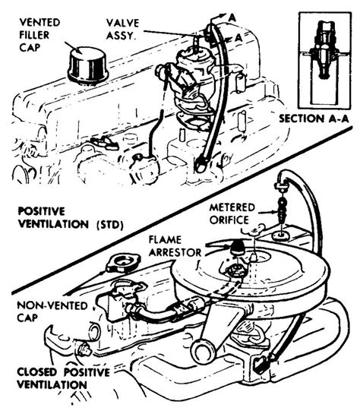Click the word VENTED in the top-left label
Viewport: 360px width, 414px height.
pos(39,22)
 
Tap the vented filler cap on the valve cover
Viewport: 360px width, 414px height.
pos(88,64)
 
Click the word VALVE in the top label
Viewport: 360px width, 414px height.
pos(122,23)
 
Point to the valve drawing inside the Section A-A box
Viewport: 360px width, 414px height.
pos(324,50)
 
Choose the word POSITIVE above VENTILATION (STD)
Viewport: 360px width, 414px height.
pos(42,211)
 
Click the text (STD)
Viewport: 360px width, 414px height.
pos(110,225)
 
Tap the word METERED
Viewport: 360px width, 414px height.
pos(232,207)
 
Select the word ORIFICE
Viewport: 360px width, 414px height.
pos(229,220)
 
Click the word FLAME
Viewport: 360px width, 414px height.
pos(165,240)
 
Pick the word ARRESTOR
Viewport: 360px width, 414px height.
pos(175,253)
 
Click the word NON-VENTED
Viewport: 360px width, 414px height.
pos(52,305)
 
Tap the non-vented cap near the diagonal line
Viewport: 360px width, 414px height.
pos(122,264)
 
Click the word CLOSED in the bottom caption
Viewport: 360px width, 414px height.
pos(37,372)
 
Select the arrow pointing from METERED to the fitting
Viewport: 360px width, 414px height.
pos(267,211)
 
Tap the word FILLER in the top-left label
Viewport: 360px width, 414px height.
pos(34,35)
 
